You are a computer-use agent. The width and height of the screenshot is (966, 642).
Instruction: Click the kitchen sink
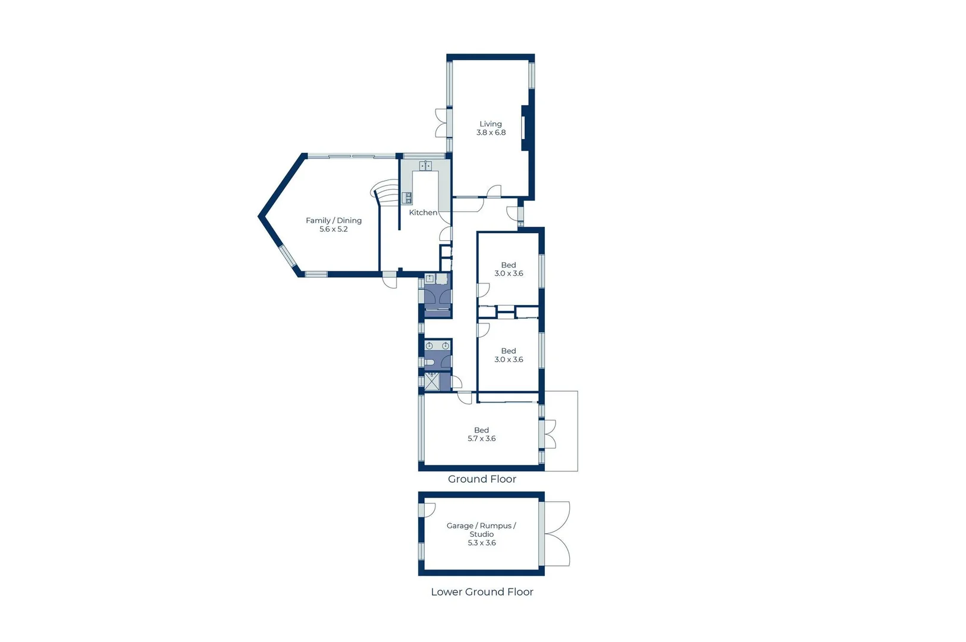click(425, 166)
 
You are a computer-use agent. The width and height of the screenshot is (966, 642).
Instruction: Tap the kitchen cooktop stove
click(407, 198)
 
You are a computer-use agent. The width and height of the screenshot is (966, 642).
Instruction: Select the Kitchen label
click(423, 212)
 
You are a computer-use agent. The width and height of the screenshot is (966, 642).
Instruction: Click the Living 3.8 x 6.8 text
click(491, 128)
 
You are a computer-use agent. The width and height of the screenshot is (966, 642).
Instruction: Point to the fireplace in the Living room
click(525, 128)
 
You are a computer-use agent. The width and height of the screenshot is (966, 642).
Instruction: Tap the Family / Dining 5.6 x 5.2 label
click(333, 225)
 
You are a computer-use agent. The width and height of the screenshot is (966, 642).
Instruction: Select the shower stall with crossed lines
click(431, 381)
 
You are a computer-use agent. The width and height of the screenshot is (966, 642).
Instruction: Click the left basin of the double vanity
click(429, 346)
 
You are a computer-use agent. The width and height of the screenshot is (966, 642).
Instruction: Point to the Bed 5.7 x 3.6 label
click(481, 435)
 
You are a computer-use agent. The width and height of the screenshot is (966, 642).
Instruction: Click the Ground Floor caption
click(482, 479)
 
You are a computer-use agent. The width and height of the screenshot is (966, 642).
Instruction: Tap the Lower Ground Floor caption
click(482, 592)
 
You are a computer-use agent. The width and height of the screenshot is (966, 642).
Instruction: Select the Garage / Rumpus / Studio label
click(481, 534)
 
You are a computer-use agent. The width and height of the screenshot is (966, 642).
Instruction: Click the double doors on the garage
click(557, 534)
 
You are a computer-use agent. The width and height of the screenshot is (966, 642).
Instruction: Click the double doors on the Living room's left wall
click(441, 124)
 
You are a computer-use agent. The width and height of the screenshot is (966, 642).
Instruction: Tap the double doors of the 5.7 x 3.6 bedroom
click(550, 434)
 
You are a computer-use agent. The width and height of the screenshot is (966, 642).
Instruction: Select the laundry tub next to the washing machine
click(429, 278)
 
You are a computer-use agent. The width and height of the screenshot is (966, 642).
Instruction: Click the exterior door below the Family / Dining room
click(390, 281)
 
